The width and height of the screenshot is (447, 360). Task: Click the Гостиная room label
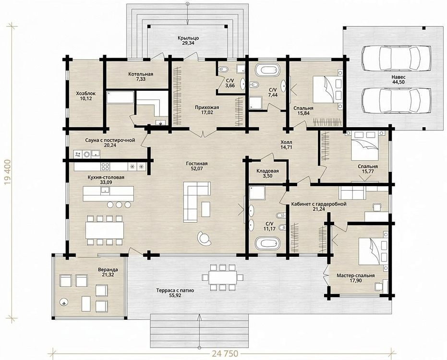pos(197,164)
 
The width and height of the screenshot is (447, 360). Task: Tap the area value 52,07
pos(197,169)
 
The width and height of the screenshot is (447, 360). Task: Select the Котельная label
pos(141,74)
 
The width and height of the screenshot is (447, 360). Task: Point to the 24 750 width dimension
pos(225,354)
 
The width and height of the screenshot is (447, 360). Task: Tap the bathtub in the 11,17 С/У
pos(267,244)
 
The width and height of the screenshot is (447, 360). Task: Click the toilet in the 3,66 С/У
pos(223,70)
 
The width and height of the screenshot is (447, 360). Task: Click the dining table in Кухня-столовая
pos(105,230)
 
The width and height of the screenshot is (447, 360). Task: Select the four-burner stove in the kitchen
pos(105,167)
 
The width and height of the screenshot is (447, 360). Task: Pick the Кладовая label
pos(267,171)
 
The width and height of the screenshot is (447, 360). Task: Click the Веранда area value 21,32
pos(108,275)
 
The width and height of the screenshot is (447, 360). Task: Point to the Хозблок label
pos(85,93)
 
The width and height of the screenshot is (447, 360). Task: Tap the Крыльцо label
pos(188,38)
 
